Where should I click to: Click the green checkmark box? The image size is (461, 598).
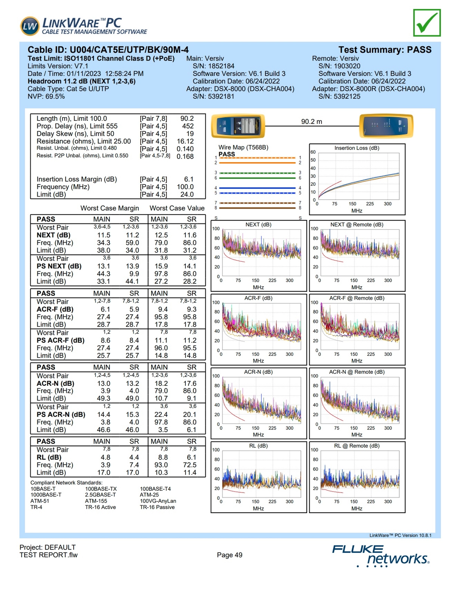[x=427, y=23]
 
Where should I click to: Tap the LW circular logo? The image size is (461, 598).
[x=30, y=26]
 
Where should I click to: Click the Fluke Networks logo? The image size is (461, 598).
[x=381, y=555]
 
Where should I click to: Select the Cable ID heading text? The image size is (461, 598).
[x=108, y=50]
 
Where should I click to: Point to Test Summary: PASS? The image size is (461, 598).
[x=385, y=50]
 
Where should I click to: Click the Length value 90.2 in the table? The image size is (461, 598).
[x=187, y=118]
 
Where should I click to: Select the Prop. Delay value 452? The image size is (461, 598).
[x=188, y=126]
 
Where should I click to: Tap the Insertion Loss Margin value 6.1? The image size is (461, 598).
[x=189, y=179]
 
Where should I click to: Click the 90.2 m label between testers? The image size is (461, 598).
[x=311, y=121]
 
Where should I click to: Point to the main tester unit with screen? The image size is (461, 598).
[x=238, y=126]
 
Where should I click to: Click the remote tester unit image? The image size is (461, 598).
[x=386, y=126]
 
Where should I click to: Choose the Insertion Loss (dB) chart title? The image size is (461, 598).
[x=357, y=148]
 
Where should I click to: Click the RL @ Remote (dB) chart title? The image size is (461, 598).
[x=357, y=446]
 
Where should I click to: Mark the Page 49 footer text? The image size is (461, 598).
[x=230, y=555]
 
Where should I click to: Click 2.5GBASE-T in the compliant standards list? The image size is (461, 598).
[x=101, y=495]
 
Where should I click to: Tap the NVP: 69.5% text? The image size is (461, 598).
[x=46, y=96]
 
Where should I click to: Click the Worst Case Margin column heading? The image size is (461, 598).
[x=110, y=208]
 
